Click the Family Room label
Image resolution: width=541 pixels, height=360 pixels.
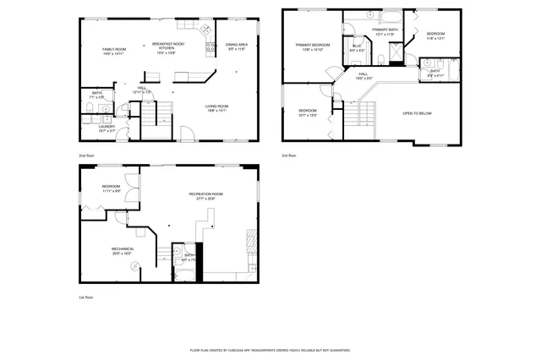pyautogui.click(x=113, y=52)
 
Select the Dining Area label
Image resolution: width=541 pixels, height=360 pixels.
pyautogui.click(x=236, y=47)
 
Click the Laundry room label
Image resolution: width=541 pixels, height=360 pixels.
pyautogui.click(x=107, y=128)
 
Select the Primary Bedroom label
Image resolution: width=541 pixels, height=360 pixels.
pyautogui.click(x=312, y=47)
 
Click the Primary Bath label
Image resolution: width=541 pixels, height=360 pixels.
pyautogui.click(x=385, y=32)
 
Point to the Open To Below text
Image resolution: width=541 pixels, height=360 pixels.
pyautogui.click(x=418, y=112)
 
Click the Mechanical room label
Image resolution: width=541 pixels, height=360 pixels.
pyautogui.click(x=123, y=251)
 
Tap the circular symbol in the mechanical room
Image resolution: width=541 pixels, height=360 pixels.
pyautogui.click(x=134, y=266)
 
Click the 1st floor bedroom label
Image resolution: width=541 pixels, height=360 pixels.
pyautogui.click(x=112, y=188)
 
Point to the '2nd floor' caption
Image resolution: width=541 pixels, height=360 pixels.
pyautogui.click(x=86, y=156)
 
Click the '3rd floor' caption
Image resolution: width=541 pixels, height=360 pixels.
pyautogui.click(x=289, y=156)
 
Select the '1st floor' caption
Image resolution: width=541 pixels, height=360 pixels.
pyautogui.click(x=86, y=297)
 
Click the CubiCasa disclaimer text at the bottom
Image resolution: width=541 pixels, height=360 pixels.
pyautogui.click(x=270, y=349)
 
